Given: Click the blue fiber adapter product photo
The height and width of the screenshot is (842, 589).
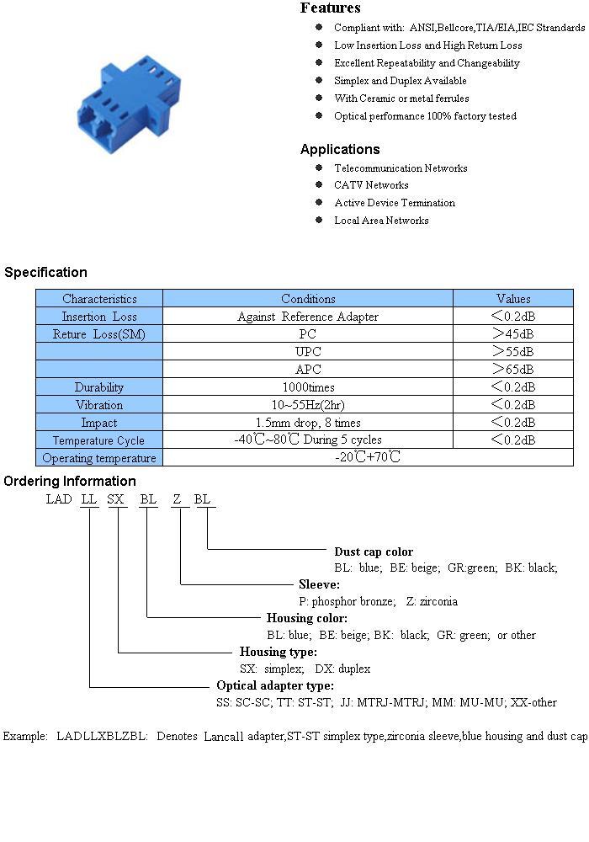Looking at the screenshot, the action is click(x=129, y=104).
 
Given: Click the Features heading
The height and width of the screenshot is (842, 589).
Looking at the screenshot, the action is click(x=330, y=8).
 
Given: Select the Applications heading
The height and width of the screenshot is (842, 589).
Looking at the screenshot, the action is click(x=340, y=149).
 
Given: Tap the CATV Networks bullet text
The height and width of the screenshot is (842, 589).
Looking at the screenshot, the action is click(x=371, y=184).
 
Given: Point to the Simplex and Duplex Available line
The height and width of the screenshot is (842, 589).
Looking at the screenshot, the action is click(x=401, y=81).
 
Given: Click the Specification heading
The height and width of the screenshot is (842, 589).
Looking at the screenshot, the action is click(x=45, y=272).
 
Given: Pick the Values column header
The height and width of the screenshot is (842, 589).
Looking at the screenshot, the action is click(x=512, y=299).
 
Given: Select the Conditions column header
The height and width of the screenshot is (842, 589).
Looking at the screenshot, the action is click(x=308, y=299).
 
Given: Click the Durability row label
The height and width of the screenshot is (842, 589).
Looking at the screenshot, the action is click(x=98, y=387).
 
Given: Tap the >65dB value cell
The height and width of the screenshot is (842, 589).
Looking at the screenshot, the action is click(x=512, y=370).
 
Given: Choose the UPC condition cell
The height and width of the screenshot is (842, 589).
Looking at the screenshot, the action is click(x=308, y=352).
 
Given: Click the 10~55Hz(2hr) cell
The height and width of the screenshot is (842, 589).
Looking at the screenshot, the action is click(x=308, y=405).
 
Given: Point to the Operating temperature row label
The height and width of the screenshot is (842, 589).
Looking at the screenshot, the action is click(x=98, y=458).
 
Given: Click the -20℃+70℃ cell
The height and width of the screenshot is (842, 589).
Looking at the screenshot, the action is click(x=368, y=457).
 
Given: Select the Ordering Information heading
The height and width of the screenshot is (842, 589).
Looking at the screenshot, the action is click(x=70, y=481).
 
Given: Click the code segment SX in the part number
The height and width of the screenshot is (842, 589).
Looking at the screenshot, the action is click(x=115, y=499).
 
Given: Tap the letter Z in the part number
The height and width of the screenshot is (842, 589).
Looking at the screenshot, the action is click(x=177, y=499).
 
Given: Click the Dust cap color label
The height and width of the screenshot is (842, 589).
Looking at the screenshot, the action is click(x=374, y=552).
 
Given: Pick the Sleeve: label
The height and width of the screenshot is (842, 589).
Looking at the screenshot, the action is click(x=319, y=584).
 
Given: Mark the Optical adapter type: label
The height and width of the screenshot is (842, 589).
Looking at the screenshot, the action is click(x=275, y=685).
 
